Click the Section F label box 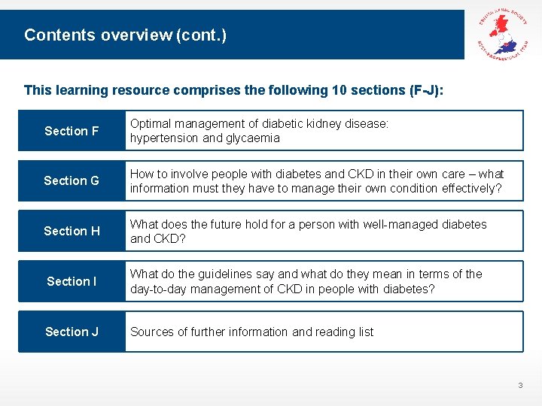click(x=72, y=131)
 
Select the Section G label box click(x=72, y=180)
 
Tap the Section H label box click(x=72, y=231)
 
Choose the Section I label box click(x=72, y=281)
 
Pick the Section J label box click(x=72, y=332)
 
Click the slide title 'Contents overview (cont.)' click(x=125, y=35)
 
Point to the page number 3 click(x=519, y=386)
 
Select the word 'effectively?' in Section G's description click(x=469, y=188)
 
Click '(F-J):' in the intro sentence click(x=426, y=90)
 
